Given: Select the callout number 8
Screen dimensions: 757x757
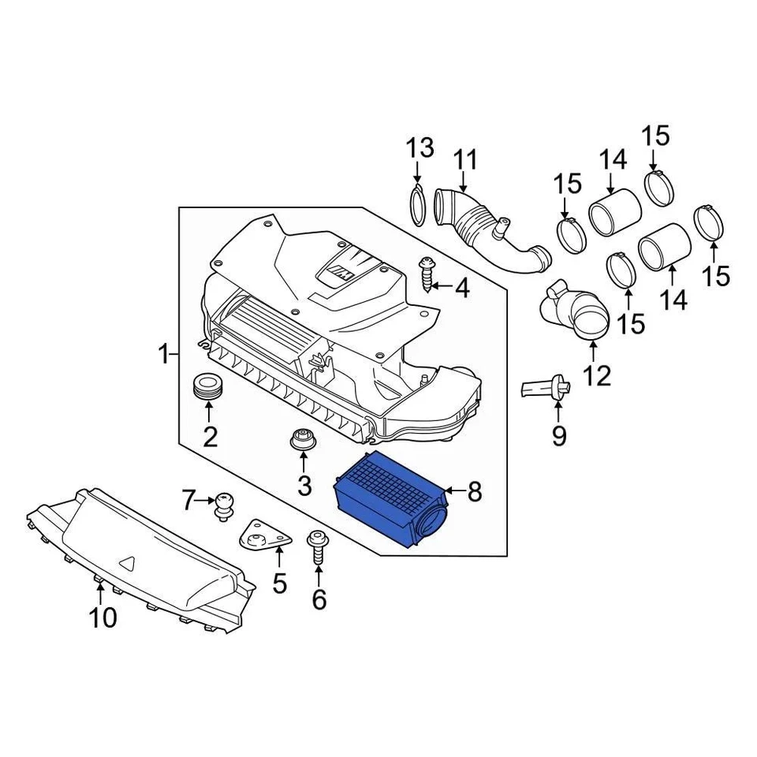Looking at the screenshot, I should [x=474, y=492].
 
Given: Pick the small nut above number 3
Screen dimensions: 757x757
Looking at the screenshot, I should [x=301, y=440].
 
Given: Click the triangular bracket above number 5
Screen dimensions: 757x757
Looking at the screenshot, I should [x=261, y=540].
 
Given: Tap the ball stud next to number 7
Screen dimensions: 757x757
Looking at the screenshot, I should [x=225, y=505].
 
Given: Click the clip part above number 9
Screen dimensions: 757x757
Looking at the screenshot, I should [x=543, y=389].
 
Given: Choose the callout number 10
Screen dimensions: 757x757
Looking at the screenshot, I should [x=103, y=617].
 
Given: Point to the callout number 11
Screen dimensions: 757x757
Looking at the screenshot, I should [x=465, y=161].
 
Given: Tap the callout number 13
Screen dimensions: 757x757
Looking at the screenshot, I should [x=420, y=147].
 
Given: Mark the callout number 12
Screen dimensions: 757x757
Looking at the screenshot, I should [x=597, y=375].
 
